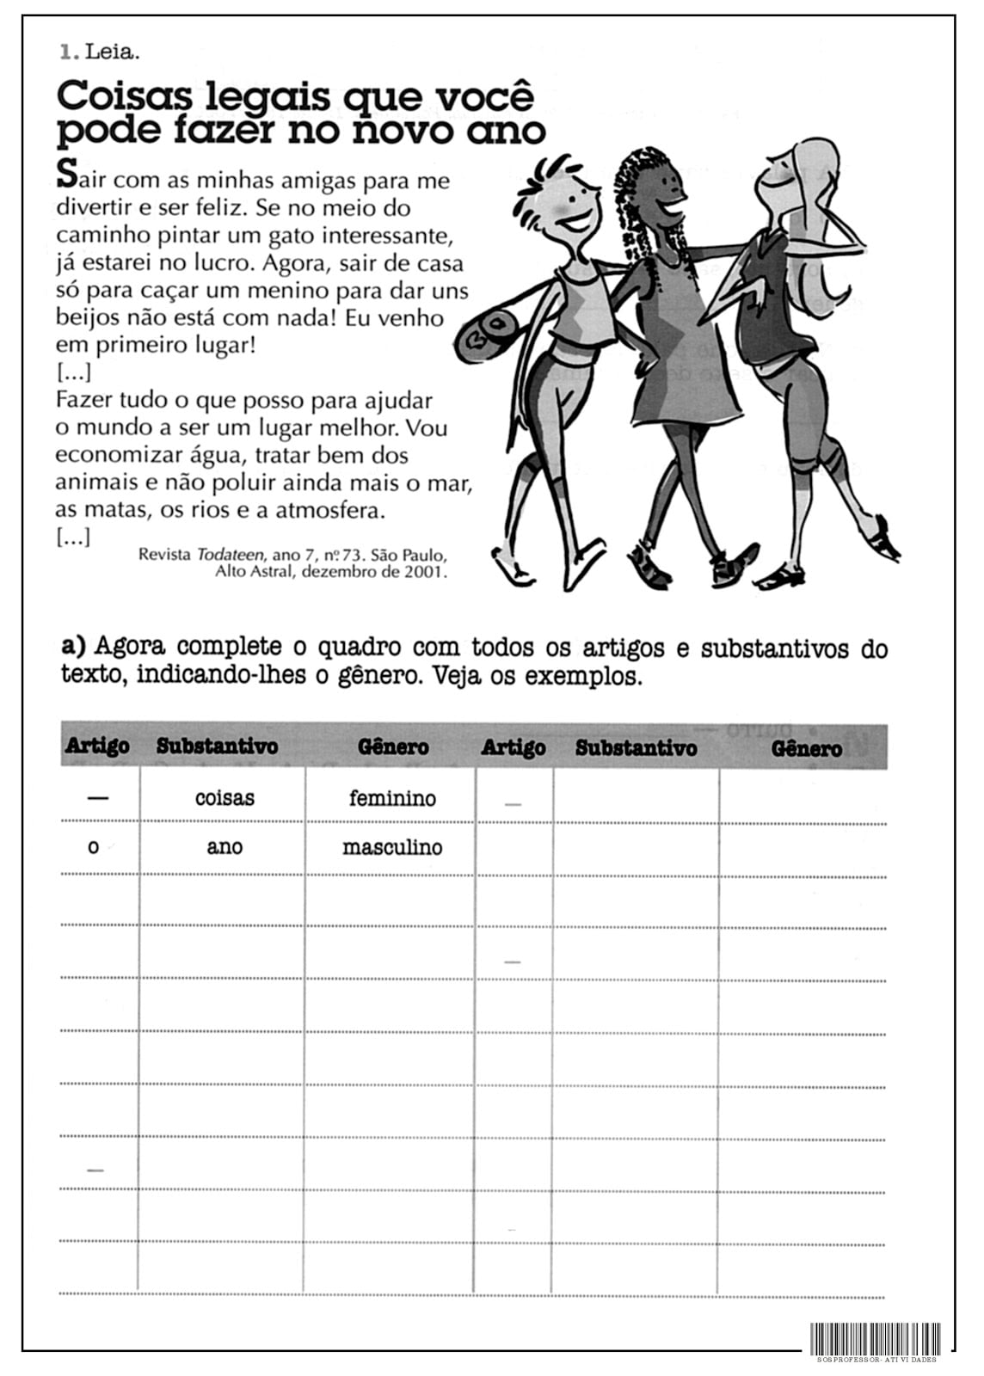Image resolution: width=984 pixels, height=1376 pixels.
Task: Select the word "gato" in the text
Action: (317, 236)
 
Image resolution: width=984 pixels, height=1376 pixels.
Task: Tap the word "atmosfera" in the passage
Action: (329, 511)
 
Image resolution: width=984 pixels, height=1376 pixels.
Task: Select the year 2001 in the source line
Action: (424, 571)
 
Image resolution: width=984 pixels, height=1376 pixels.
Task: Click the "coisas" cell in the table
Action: (224, 798)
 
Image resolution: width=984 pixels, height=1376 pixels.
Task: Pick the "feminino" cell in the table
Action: (392, 798)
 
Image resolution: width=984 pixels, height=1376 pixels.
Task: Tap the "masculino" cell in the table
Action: (392, 848)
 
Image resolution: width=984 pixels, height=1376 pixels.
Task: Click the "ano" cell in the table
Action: (224, 848)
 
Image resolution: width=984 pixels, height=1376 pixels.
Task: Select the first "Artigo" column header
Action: (97, 746)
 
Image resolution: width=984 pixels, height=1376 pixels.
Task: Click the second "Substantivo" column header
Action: (636, 747)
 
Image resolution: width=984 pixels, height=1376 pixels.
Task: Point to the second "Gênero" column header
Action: (806, 748)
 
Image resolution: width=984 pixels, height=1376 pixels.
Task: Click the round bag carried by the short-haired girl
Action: (488, 336)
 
